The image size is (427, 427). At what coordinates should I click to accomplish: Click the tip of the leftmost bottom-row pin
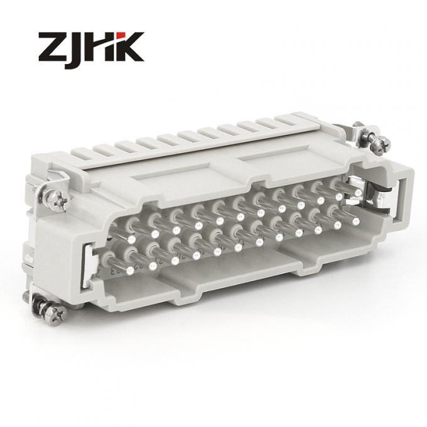pyautogui.click(x=131, y=270)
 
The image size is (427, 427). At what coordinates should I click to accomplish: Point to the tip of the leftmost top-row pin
pyautogui.click(x=131, y=239)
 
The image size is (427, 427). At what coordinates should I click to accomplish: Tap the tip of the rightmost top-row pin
pyautogui.click(x=340, y=197)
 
